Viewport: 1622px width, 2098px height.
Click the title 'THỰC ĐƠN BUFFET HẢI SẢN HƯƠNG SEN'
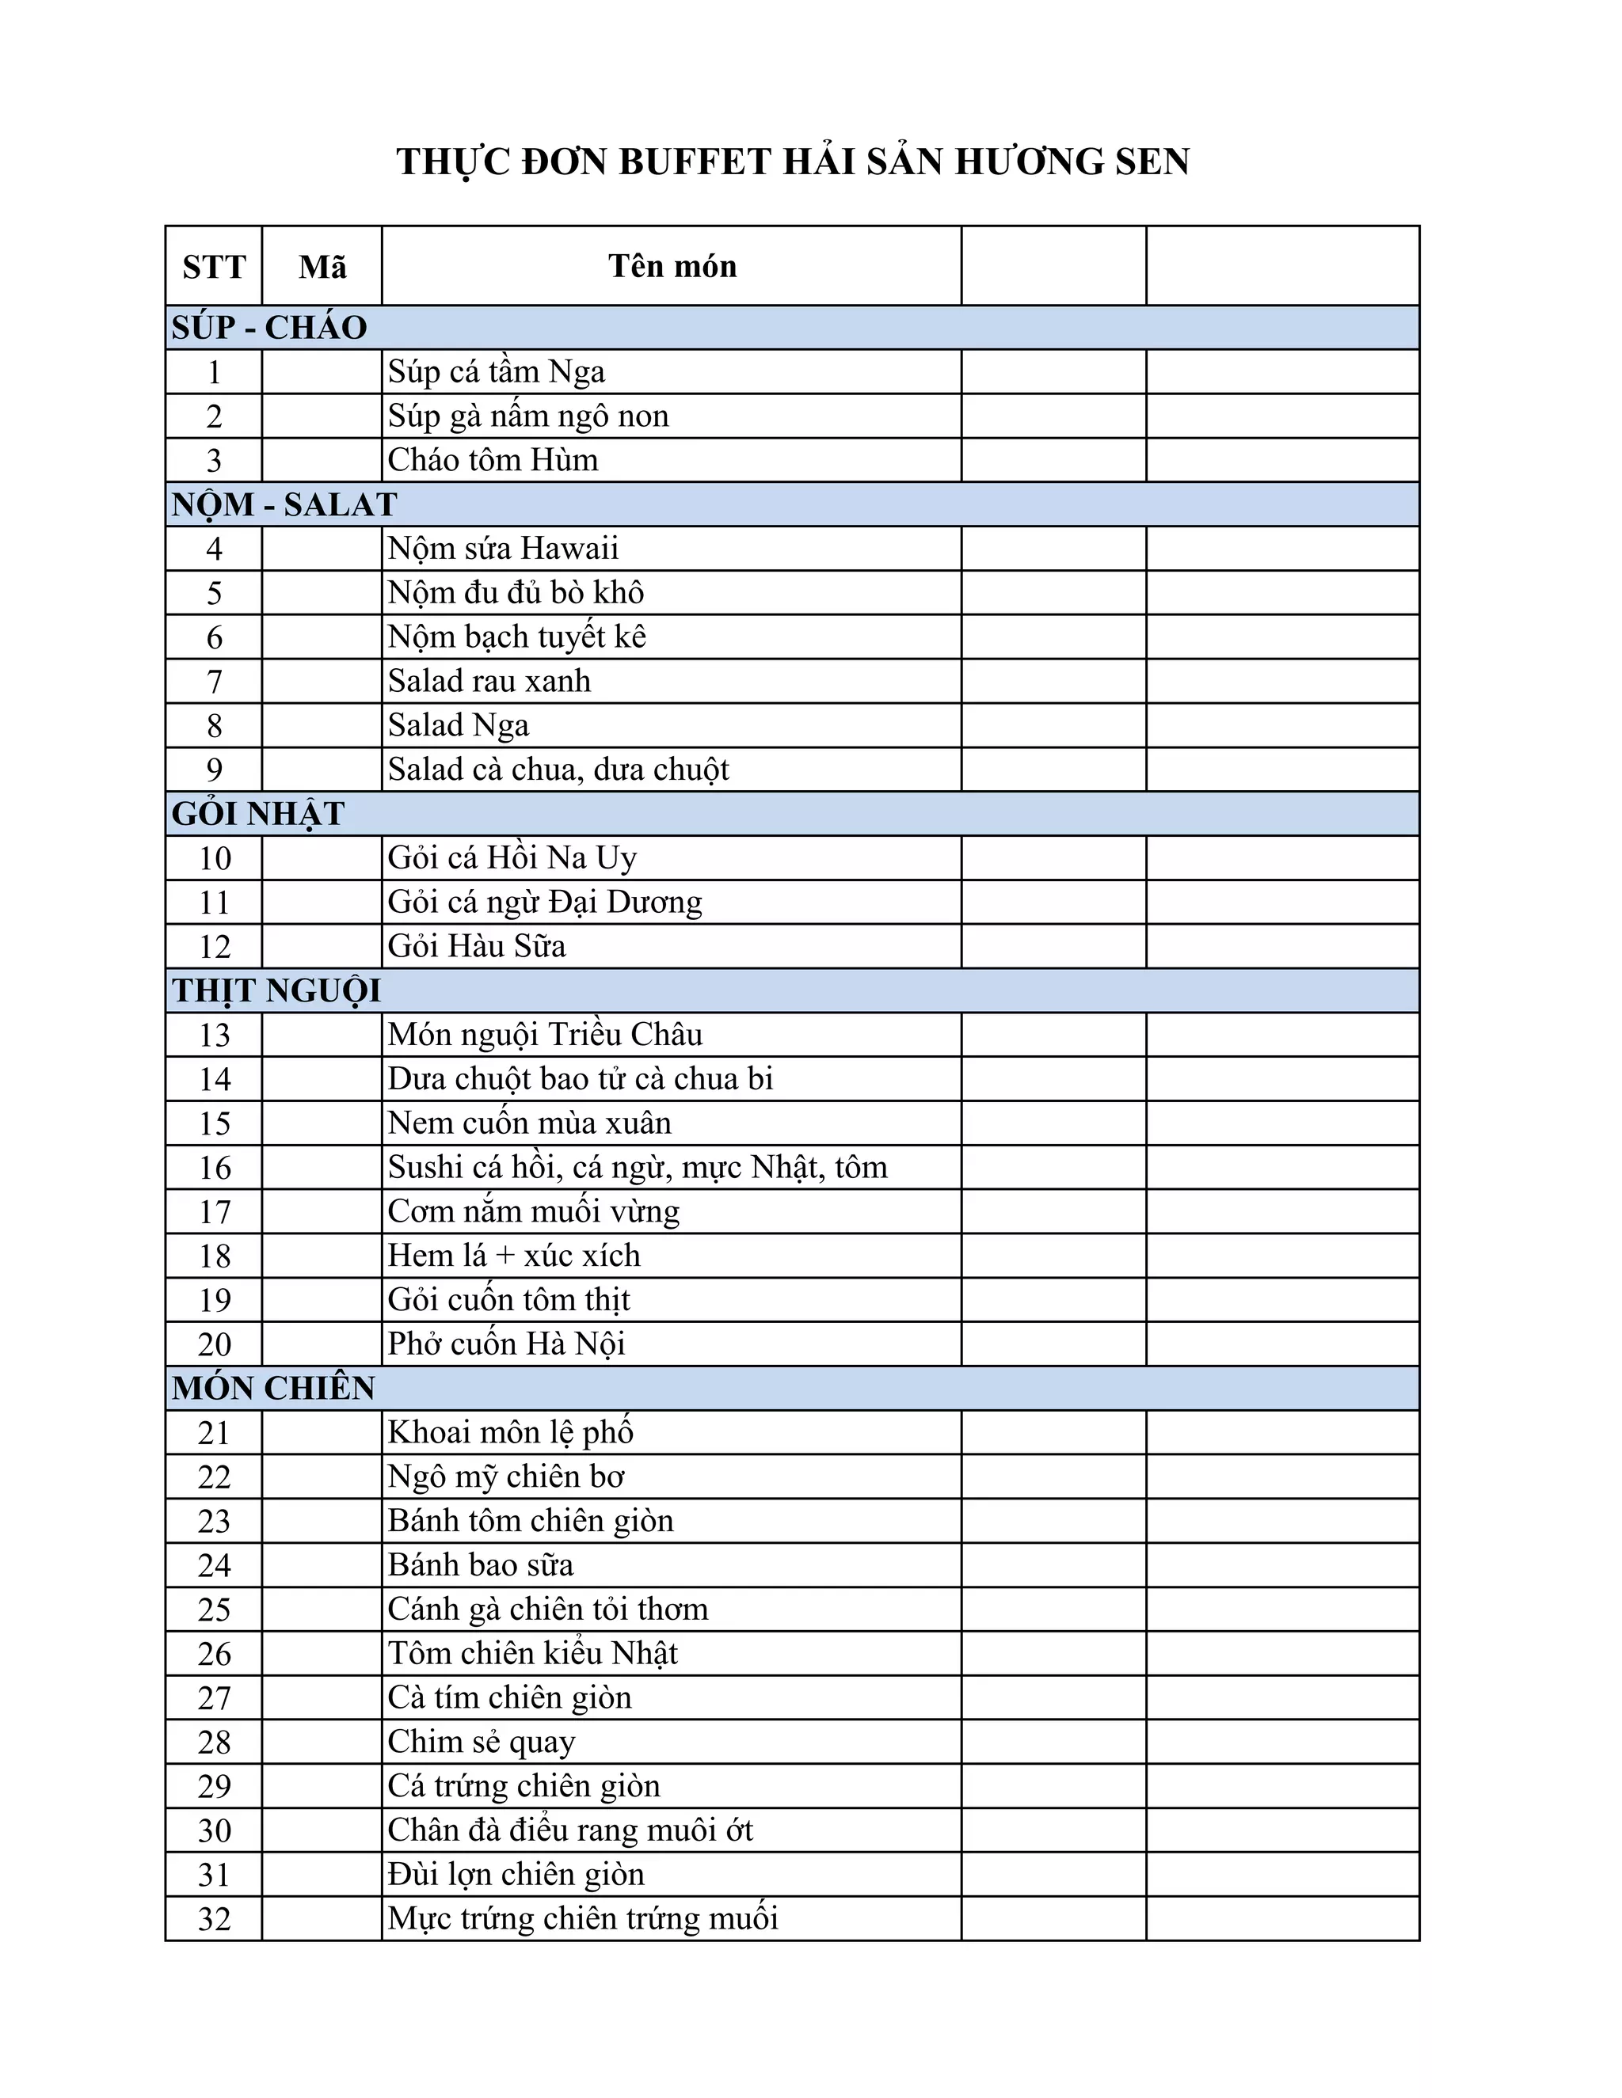[793, 162]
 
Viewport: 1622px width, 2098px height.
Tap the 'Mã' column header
[322, 266]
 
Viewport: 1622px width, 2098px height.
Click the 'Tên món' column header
[672, 266]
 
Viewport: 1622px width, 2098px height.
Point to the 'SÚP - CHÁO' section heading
[269, 328]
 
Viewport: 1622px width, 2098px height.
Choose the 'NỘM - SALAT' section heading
[284, 504]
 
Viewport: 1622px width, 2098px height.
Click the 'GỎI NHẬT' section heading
[257, 814]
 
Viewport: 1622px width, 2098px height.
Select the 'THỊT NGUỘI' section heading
[276, 990]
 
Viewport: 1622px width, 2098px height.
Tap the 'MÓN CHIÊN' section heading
[273, 1388]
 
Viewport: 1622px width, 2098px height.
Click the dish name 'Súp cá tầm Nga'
[496, 372]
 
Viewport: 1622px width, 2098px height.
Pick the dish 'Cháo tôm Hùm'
[492, 460]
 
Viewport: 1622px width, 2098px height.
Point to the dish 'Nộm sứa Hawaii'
[503, 549]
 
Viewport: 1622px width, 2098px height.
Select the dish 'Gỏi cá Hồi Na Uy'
[512, 858]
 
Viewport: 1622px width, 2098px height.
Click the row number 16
[215, 1168]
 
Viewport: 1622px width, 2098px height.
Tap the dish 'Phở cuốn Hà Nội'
[505, 1344]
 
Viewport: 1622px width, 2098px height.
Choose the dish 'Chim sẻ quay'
[482, 1742]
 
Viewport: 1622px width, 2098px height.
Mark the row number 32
[215, 1919]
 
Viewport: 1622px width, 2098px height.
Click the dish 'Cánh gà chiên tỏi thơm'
[548, 1609]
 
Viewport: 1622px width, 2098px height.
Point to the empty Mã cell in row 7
[322, 681]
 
